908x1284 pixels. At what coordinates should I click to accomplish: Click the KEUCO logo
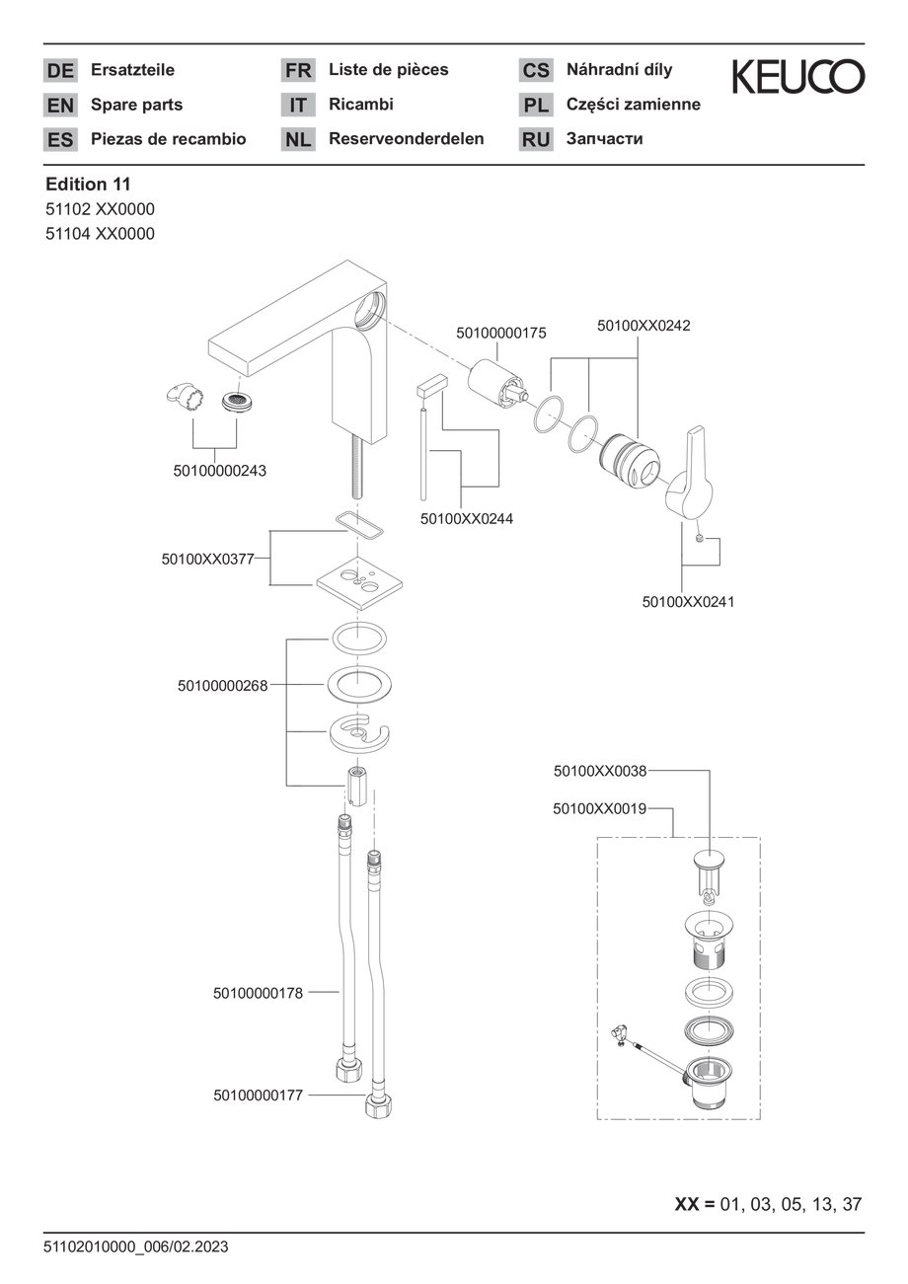click(797, 76)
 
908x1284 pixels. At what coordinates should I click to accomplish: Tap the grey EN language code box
click(60, 105)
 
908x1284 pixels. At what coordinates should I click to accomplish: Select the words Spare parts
click(136, 105)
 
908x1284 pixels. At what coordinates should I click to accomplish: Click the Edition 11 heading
click(88, 184)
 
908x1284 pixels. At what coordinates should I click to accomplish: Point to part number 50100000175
click(501, 333)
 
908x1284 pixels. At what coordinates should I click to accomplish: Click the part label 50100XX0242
click(643, 326)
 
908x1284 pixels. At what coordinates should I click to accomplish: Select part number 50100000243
click(219, 471)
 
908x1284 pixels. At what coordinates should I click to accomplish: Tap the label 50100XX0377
click(207, 559)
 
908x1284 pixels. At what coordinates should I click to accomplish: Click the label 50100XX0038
click(600, 771)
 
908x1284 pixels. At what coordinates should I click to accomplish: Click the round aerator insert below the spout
click(238, 402)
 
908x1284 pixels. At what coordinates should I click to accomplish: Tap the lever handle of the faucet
click(690, 472)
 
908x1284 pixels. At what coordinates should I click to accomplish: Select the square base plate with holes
click(359, 583)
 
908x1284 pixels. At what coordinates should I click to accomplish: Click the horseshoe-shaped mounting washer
click(359, 732)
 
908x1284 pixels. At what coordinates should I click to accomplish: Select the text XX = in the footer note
click(695, 1204)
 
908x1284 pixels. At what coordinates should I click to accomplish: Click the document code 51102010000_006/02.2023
click(136, 1246)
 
